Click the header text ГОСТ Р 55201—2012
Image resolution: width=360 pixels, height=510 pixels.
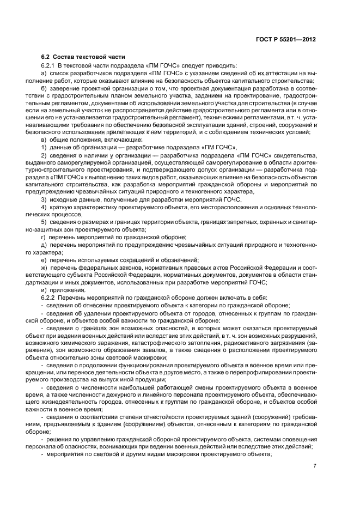[288, 40]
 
